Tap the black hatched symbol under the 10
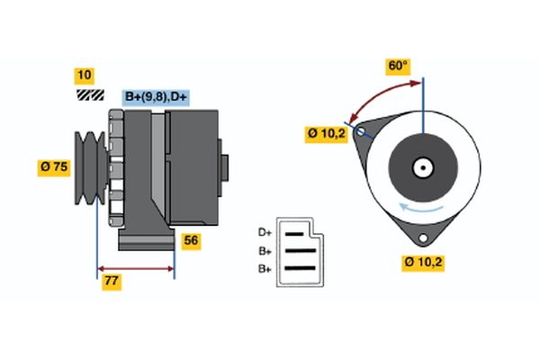tap(90, 94)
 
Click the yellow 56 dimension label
tap(190, 241)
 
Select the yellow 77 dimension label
tap(112, 282)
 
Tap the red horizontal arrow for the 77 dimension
tap(135, 268)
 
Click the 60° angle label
tap(397, 66)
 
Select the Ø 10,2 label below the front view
tap(422, 263)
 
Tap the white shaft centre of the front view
tap(421, 167)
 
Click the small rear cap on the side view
tap(224, 168)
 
